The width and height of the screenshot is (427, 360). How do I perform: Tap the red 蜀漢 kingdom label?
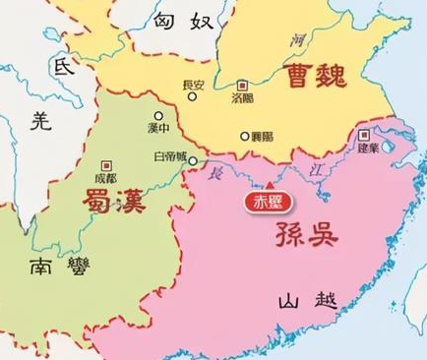pos(109,203)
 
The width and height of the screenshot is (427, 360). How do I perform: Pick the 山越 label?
pos(306,301)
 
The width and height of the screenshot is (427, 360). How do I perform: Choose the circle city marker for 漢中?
pos(156,117)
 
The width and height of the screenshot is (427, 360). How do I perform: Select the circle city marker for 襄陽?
pos(245,136)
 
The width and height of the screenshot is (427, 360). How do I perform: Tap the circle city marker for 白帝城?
pos(193,159)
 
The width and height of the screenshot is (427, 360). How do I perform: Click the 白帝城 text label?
pos(169,157)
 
